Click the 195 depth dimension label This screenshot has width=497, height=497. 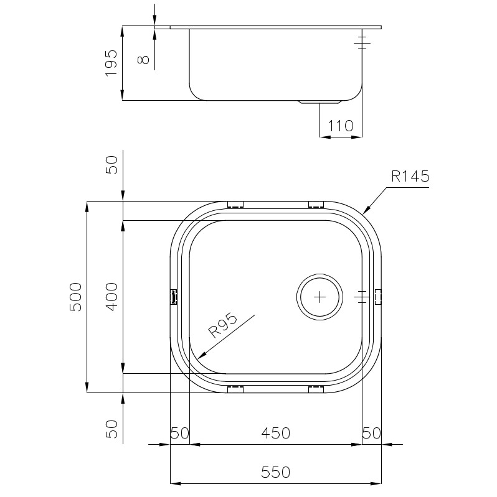(x=111, y=63)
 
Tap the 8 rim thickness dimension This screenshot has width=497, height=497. (x=144, y=59)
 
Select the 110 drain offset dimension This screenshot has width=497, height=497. (x=340, y=126)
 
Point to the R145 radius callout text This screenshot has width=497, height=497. (x=410, y=176)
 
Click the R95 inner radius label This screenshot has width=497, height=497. (x=222, y=325)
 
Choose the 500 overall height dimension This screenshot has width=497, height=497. (x=75, y=297)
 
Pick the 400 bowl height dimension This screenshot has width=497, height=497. (x=111, y=297)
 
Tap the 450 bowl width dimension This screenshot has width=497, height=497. (x=276, y=433)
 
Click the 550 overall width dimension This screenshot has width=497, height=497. (x=276, y=473)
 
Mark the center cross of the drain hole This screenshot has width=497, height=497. (x=319, y=297)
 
